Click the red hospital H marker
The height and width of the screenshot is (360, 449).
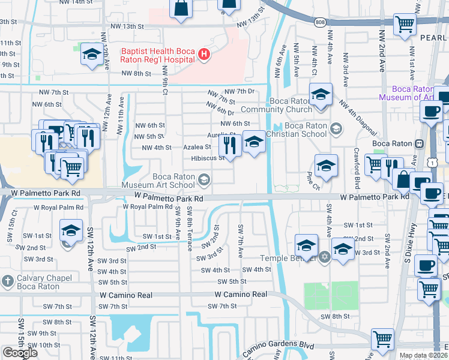[205, 55]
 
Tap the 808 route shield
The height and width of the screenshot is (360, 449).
[319, 22]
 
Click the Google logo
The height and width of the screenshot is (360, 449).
[20, 352]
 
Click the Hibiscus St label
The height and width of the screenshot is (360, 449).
[208, 158]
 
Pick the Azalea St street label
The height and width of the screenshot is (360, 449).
[197, 147]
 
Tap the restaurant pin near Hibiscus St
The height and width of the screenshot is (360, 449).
[229, 144]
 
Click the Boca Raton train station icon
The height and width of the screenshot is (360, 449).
[419, 143]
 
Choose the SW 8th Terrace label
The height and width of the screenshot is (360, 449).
[189, 223]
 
